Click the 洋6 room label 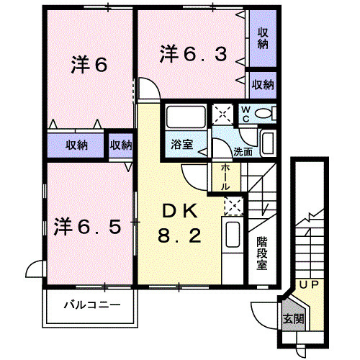[89, 66]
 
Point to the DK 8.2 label [177, 223]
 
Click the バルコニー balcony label [89, 304]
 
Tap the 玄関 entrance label [292, 319]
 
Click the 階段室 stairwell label [261, 252]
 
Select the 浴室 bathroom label [181, 145]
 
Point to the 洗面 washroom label [243, 152]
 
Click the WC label [246, 113]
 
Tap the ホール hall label [226, 176]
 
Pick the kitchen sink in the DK [233, 237]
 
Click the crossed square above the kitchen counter [233, 206]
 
